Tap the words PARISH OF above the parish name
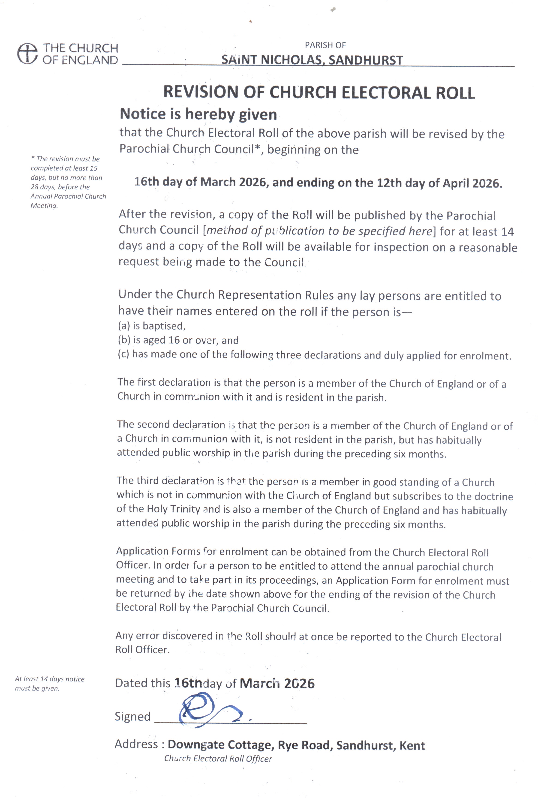click(325, 45)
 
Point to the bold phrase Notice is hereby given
click(198, 114)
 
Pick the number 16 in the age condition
click(174, 340)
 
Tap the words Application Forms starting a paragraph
click(158, 551)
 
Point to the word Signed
click(132, 716)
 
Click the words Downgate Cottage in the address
click(219, 745)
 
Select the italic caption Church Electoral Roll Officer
click(218, 759)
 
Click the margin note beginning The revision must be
click(68, 182)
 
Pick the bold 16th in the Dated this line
click(188, 683)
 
